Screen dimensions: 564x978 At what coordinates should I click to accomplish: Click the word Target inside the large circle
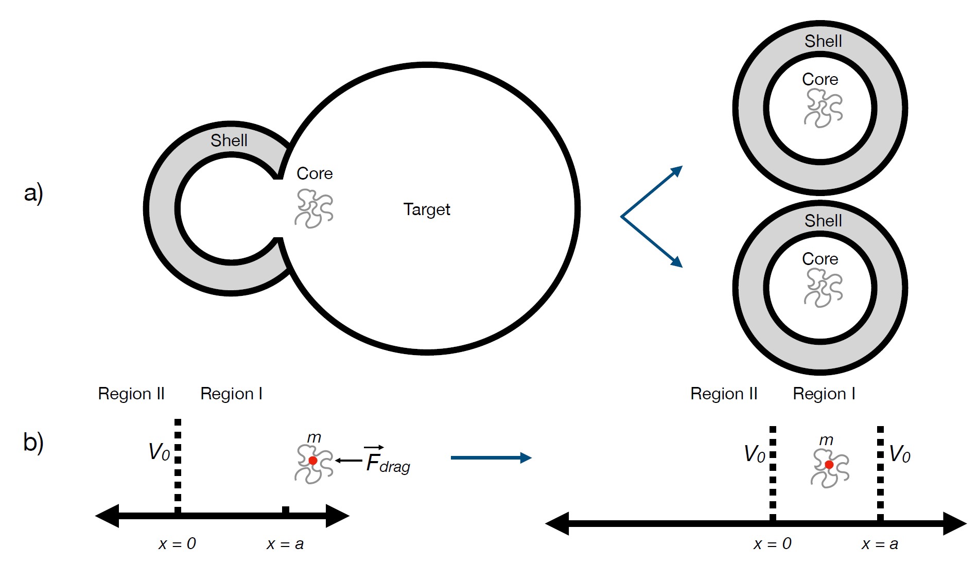coord(426,209)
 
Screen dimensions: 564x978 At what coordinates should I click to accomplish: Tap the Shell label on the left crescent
coord(229,140)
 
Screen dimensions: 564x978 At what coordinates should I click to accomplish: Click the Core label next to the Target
coord(315,173)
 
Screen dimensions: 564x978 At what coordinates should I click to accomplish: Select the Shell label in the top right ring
coord(823,41)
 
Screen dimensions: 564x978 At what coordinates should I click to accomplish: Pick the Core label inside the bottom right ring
coord(820,259)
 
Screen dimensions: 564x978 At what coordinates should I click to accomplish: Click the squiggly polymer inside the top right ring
coord(823,108)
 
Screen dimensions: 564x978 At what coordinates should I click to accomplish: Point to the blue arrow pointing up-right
coord(653,191)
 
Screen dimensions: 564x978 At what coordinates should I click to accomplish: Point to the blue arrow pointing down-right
coord(653,242)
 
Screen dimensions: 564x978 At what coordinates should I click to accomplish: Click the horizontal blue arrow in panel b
coord(491,457)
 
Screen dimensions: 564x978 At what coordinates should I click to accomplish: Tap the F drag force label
coord(387,461)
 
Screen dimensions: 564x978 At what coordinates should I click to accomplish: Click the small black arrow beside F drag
coord(349,460)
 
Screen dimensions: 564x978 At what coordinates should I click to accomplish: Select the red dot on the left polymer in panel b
coord(312,460)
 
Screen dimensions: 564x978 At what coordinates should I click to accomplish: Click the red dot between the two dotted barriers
coord(829,465)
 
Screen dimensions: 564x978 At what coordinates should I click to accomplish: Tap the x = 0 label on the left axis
coord(177,544)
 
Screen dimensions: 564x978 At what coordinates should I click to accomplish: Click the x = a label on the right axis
coord(880,544)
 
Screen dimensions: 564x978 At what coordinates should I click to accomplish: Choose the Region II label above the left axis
coord(131,394)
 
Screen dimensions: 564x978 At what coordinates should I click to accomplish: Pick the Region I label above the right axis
coord(824,394)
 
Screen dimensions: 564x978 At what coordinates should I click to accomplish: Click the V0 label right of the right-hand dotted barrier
coord(900,454)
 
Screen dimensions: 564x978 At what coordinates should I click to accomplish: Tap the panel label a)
coord(33,193)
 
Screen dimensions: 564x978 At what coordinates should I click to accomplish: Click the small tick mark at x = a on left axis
coord(286,510)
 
